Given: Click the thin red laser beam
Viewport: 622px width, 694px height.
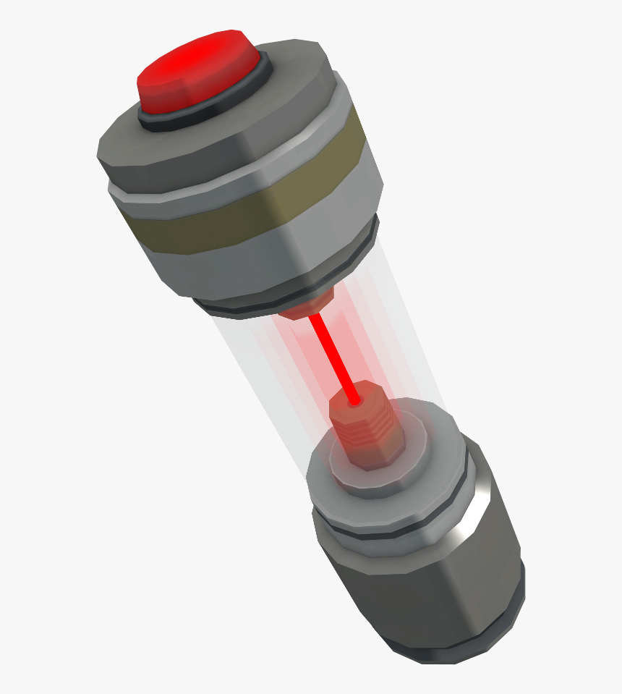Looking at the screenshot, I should [333, 355].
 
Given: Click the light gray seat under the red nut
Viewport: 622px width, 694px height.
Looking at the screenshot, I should [340, 460].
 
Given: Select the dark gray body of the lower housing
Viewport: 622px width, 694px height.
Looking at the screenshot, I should [419, 586].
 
